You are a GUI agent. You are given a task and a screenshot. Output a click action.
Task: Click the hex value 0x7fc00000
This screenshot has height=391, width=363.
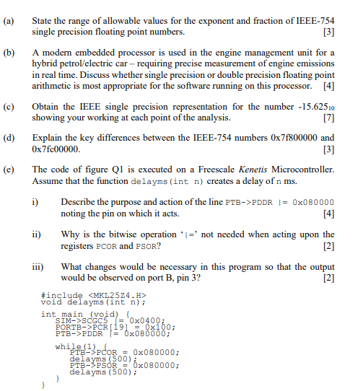pyautogui.click(x=57, y=149)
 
